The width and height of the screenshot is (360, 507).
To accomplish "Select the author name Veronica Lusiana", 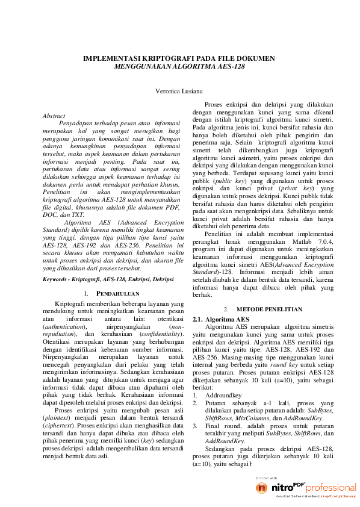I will [x=179, y=92].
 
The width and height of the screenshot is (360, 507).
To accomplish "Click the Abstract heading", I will [x=55, y=116].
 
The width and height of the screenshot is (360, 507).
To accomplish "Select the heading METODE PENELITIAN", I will [x=270, y=309].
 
